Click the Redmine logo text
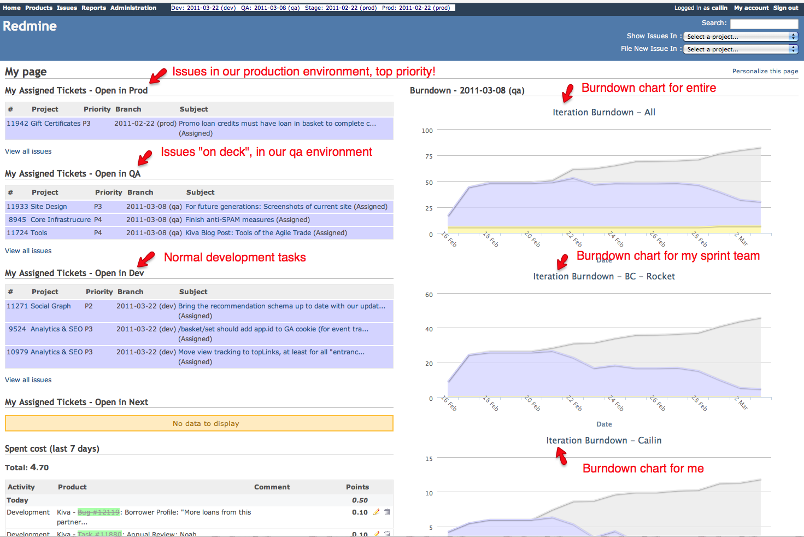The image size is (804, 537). pyautogui.click(x=30, y=26)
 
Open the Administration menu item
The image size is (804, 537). pyautogui.click(x=133, y=8)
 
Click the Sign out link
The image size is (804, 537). pyautogui.click(x=785, y=8)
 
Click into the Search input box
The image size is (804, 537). pyautogui.click(x=764, y=24)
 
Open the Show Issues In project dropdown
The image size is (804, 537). pyautogui.click(x=740, y=37)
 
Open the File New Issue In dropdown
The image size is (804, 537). pyautogui.click(x=740, y=49)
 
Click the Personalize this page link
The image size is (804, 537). pyautogui.click(x=765, y=71)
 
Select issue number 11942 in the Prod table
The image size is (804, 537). pyautogui.click(x=17, y=124)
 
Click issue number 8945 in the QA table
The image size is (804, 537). pyautogui.click(x=17, y=220)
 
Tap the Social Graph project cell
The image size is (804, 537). pyautogui.click(x=51, y=306)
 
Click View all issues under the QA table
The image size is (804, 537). pyautogui.click(x=28, y=251)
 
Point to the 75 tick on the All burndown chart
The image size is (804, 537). pyautogui.click(x=429, y=156)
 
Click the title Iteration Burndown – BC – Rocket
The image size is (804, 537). pyautogui.click(x=604, y=277)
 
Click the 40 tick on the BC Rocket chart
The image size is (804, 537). pyautogui.click(x=429, y=329)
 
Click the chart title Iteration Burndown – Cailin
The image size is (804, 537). pyautogui.click(x=604, y=441)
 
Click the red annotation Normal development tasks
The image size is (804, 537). pyautogui.click(x=235, y=258)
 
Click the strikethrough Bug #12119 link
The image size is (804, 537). pyautogui.click(x=98, y=512)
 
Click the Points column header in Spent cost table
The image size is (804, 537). pyautogui.click(x=357, y=487)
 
